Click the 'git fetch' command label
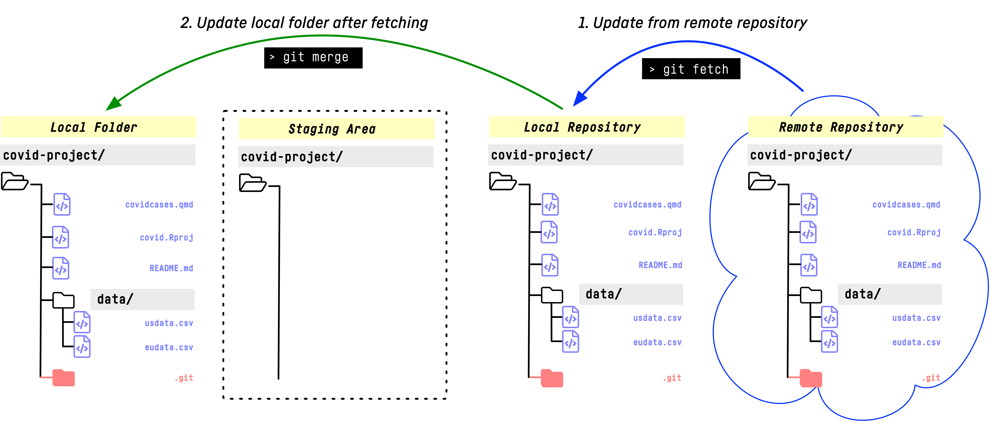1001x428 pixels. click(695, 70)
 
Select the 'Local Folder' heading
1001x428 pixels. click(94, 127)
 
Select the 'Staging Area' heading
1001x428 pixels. click(332, 129)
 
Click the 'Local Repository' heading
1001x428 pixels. click(582, 127)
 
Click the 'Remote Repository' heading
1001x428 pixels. click(841, 127)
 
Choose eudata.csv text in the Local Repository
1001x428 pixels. click(657, 342)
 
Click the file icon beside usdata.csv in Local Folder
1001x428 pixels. click(82, 322)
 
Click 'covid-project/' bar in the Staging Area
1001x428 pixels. click(335, 157)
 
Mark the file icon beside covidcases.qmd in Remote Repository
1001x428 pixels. click(809, 205)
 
